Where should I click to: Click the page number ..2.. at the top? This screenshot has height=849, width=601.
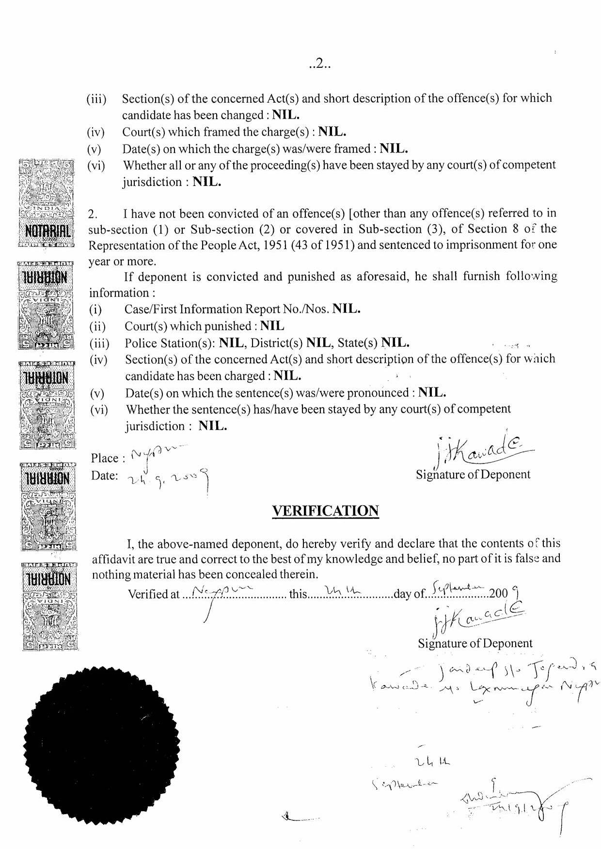(x=319, y=64)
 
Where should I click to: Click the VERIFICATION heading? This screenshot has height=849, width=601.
(x=325, y=511)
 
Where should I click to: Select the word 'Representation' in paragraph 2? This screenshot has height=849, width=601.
(x=127, y=245)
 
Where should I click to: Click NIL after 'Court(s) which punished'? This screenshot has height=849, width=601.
(x=272, y=326)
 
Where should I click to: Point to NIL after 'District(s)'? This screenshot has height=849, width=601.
(x=318, y=343)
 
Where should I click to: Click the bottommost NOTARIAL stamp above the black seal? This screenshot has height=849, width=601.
(x=50, y=605)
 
